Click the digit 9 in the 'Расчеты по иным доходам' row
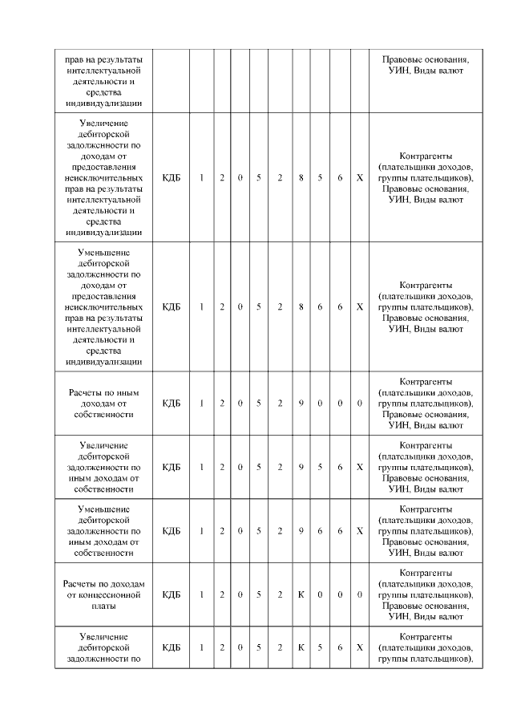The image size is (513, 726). (x=301, y=403)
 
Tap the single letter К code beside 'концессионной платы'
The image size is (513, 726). (x=301, y=594)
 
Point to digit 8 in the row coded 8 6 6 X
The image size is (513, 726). (x=301, y=306)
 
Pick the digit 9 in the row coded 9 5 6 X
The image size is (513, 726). (x=301, y=466)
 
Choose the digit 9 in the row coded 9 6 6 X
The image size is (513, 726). (x=301, y=530)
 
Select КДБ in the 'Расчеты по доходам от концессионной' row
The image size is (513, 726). (x=172, y=594)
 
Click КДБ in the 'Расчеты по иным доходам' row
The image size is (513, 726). (x=172, y=403)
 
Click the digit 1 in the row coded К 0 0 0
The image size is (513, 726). (x=202, y=594)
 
